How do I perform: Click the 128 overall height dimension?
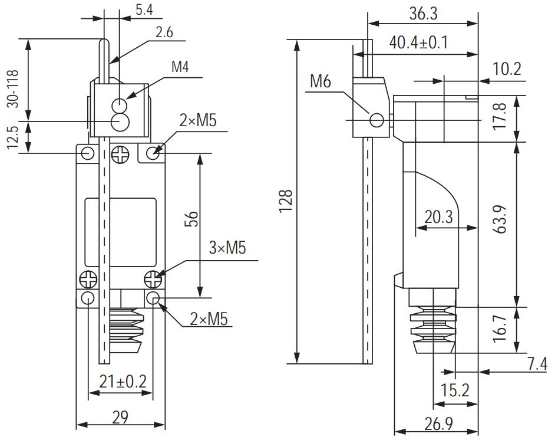285,201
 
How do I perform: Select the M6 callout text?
321,81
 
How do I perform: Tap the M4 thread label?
180,67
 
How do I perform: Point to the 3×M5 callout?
227,248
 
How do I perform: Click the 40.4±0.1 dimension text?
418,42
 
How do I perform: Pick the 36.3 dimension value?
423,14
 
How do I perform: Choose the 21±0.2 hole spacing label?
123,382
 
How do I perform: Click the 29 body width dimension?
120,417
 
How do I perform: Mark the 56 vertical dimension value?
191,219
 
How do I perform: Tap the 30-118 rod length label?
12,88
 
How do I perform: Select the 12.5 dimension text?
12,137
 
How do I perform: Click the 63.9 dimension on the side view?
500,219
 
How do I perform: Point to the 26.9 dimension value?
438,424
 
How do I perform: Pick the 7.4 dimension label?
537,364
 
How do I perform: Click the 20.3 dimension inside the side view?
439,217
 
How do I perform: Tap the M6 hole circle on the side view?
377,120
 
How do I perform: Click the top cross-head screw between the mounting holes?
120,155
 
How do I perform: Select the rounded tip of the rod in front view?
104,42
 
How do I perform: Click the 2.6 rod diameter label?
164,32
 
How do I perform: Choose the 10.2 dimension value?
507,69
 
